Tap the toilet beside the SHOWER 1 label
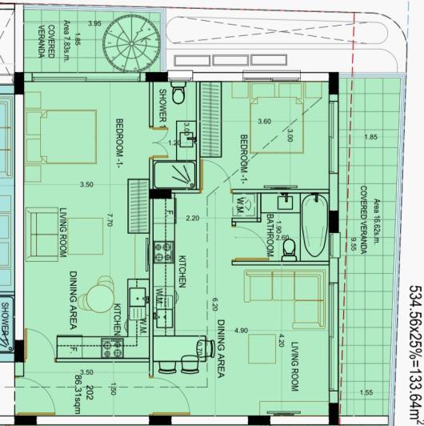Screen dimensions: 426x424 point(178,97)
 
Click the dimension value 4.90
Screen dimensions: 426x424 point(238,330)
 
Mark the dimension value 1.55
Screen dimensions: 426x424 point(366,392)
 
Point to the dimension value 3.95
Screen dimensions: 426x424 point(95,23)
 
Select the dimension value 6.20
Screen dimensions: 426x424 point(214,304)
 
